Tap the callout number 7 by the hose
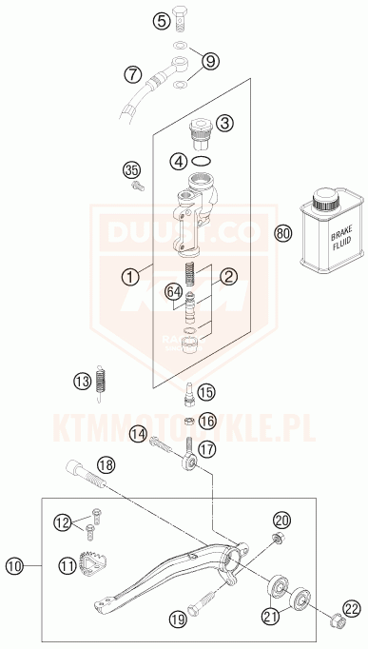pos(132,72)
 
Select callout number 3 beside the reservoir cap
pos(224,123)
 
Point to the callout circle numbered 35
pos(158,170)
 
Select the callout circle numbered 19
pos(178,619)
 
